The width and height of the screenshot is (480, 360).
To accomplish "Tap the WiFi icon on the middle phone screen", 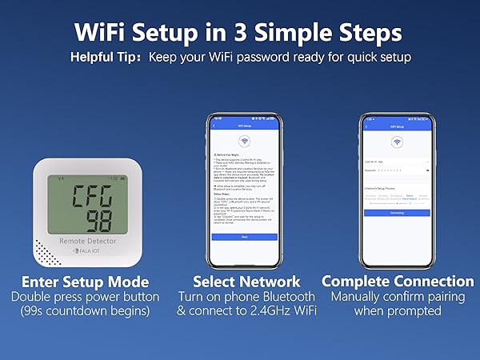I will (x=245, y=142).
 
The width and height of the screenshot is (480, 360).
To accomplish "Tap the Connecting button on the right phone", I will (x=396, y=213).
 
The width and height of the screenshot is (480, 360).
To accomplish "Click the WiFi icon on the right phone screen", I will (x=396, y=142).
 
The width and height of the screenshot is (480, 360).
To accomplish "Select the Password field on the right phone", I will (x=396, y=170).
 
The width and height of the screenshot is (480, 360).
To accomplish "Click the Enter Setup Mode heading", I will (x=85, y=282).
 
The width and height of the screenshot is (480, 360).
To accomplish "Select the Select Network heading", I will (x=246, y=282).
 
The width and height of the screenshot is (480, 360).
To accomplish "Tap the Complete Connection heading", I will (x=398, y=282).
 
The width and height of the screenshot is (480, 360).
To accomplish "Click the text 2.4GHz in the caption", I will (x=265, y=310).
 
